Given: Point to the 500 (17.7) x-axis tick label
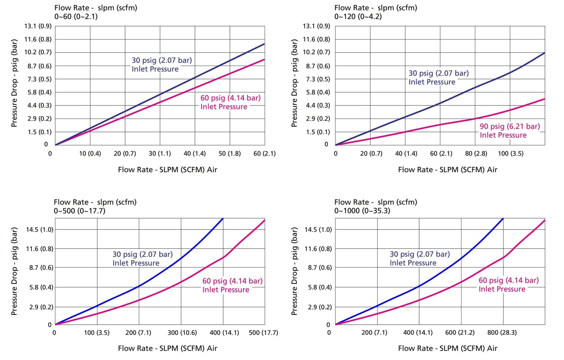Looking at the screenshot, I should pyautogui.click(x=263, y=332).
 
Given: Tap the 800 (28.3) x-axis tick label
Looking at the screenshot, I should pyautogui.click(x=502, y=332).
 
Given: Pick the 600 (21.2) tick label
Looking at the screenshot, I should pyautogui.click(x=460, y=332).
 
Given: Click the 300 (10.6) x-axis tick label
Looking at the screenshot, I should pyautogui.click(x=182, y=332).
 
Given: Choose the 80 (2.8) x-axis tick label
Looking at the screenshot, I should pyautogui.click(x=476, y=153).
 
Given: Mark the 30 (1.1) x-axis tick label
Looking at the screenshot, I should pyautogui.click(x=160, y=153).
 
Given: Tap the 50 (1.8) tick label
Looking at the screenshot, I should pyautogui.click(x=229, y=153).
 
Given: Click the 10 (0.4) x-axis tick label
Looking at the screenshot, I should pyautogui.click(x=90, y=153).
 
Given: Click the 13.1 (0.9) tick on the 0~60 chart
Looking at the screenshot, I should pyautogui.click(x=38, y=26).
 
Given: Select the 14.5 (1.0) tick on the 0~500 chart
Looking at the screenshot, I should pyautogui.click(x=39, y=230).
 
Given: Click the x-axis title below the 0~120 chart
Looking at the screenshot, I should pyautogui.click(x=447, y=170).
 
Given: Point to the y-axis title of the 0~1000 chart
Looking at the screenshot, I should pyautogui.click(x=294, y=271).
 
